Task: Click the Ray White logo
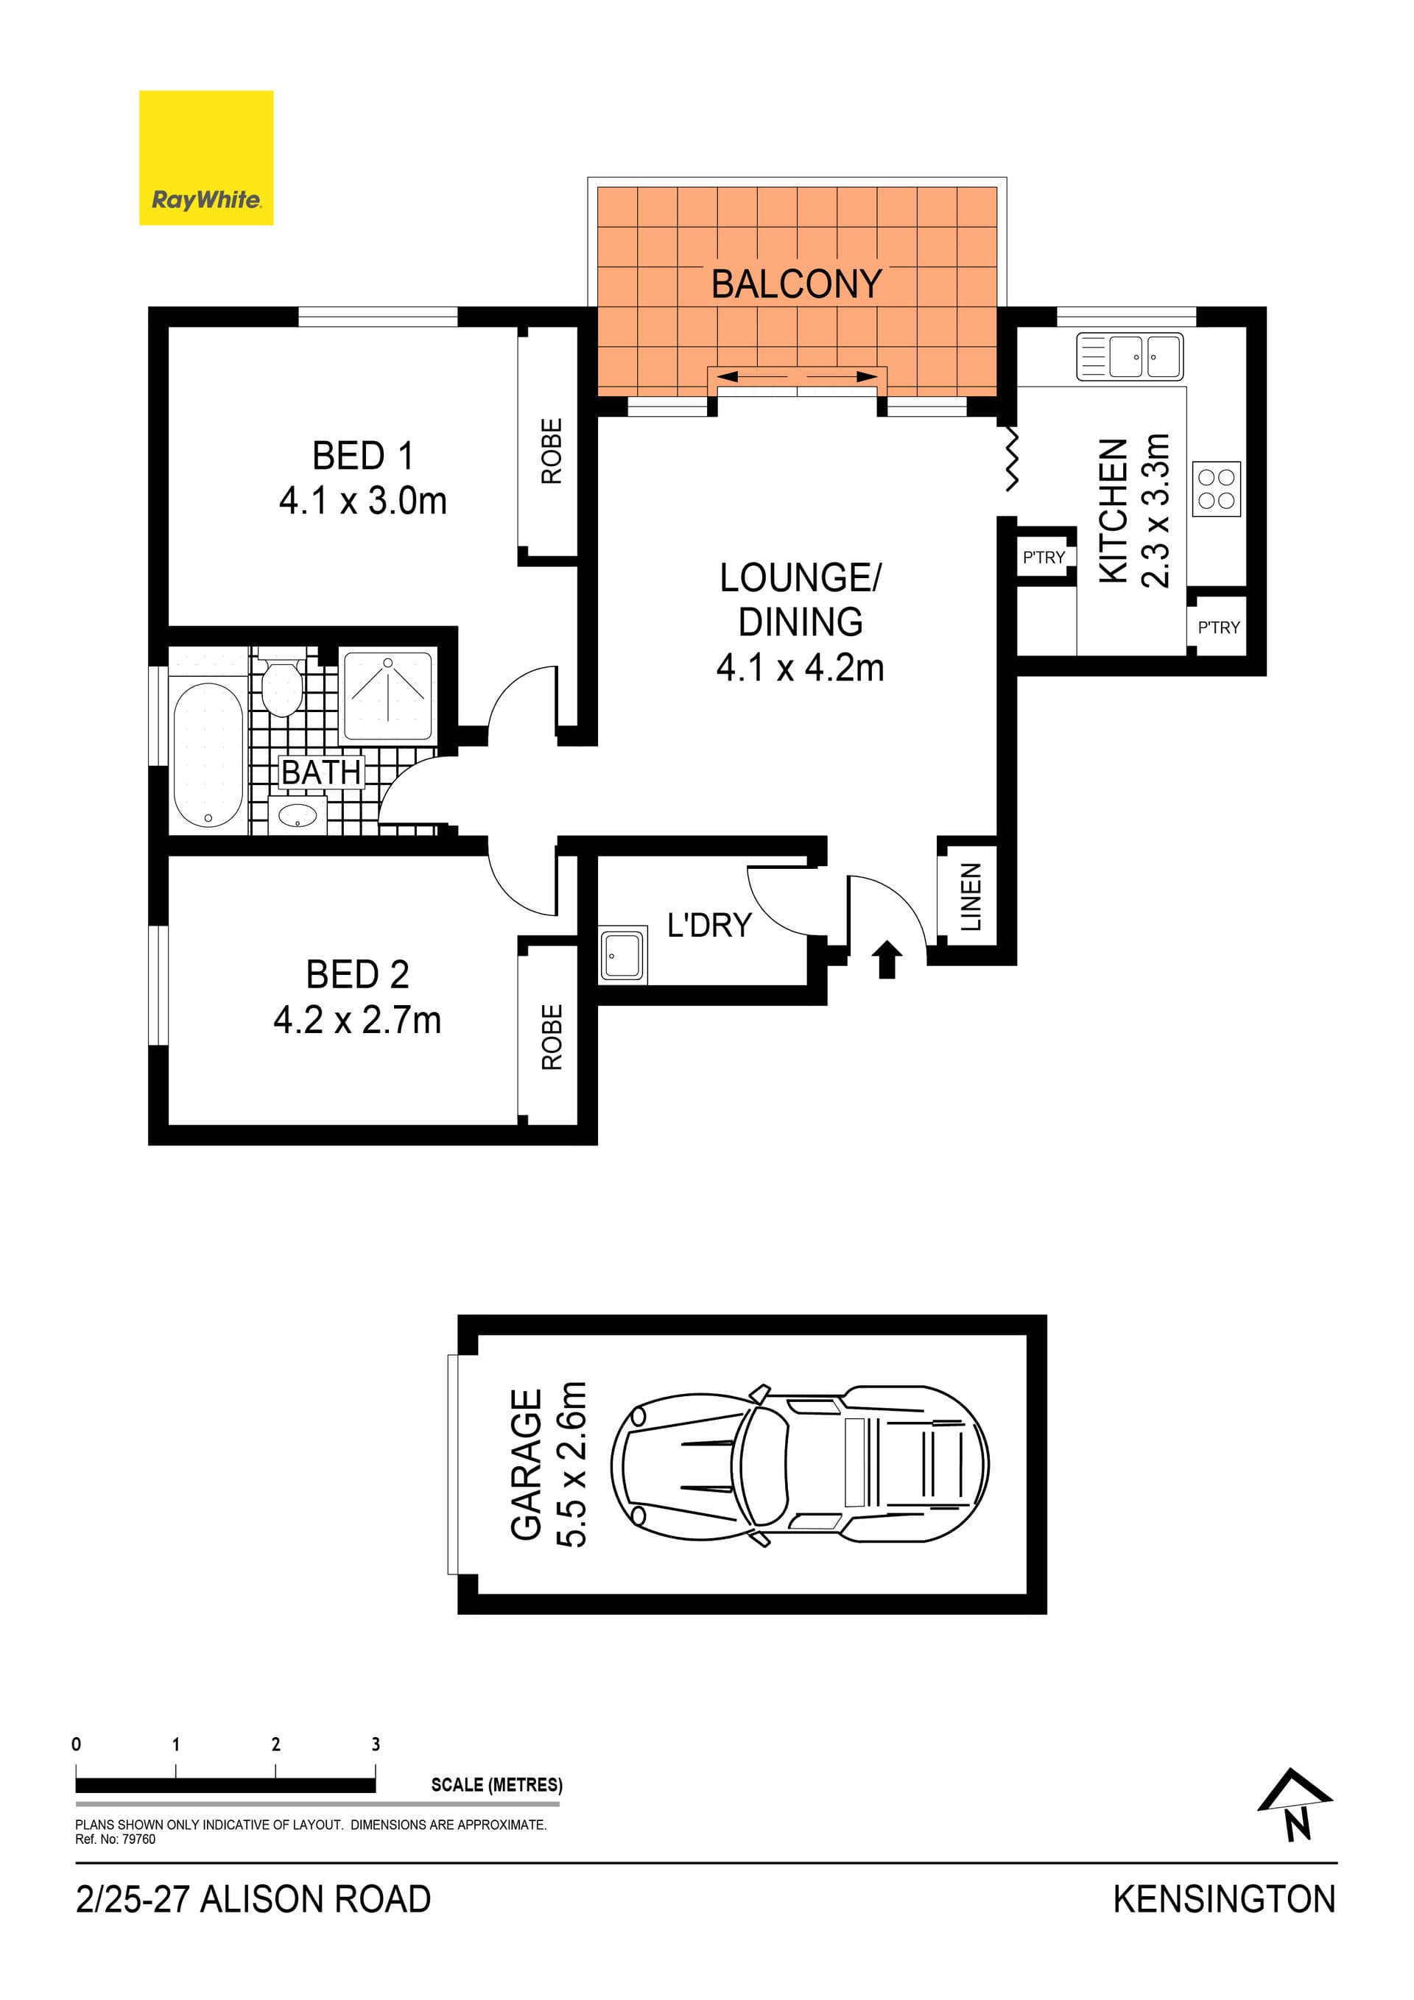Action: [x=206, y=158]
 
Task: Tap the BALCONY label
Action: [x=796, y=284]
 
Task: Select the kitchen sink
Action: [x=1129, y=356]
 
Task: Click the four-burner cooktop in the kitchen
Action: [x=1216, y=489]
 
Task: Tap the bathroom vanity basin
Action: [x=297, y=816]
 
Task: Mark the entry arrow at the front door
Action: [x=887, y=959]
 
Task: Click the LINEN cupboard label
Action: [x=971, y=896]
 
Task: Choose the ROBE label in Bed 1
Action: [x=552, y=451]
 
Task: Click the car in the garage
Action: [x=799, y=1465]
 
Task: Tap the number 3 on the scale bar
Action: [x=376, y=1744]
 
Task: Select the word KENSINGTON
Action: [x=1223, y=1900]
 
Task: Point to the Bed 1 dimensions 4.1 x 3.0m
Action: [x=362, y=501]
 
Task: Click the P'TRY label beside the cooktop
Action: [x=1218, y=627]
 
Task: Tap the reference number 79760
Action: [x=138, y=1839]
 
